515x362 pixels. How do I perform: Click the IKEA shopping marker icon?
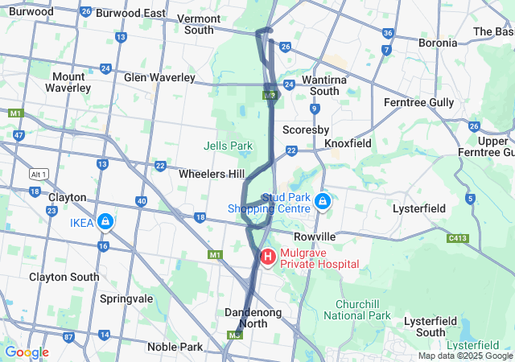(x=105, y=220)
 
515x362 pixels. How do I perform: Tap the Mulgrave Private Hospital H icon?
(x=267, y=257)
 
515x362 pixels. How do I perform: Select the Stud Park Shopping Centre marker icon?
(x=322, y=200)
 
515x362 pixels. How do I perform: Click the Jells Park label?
(x=225, y=146)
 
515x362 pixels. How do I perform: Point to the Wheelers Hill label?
(x=212, y=174)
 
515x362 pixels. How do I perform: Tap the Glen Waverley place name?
(x=159, y=77)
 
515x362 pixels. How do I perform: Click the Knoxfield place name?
(x=348, y=142)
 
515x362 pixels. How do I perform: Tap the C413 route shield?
(x=459, y=238)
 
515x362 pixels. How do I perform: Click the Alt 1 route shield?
(x=39, y=174)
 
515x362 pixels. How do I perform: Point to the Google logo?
(x=27, y=352)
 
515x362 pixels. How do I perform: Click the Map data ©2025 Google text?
(x=465, y=356)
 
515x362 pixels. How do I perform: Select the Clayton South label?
(x=64, y=277)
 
